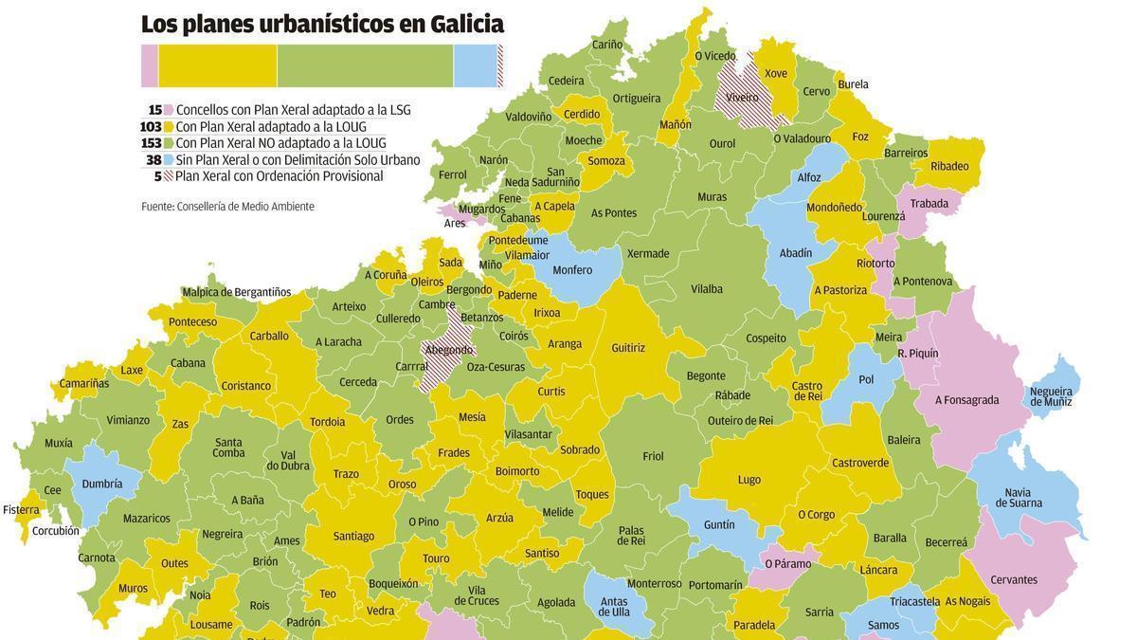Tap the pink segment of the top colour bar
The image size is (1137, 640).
150,66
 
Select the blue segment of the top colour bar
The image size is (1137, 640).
475,66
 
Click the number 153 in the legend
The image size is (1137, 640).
151,143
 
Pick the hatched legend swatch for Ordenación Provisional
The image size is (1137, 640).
168,176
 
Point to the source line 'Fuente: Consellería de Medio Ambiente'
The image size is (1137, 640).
227,207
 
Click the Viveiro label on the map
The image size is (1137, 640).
742,97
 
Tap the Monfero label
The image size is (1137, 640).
572,270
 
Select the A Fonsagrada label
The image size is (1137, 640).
966,400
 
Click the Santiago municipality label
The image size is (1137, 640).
353,537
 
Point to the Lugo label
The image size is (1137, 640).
749,480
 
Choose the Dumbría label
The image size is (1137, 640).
102,484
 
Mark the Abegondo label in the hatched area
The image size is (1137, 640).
448,350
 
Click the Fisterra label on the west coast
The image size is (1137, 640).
21,510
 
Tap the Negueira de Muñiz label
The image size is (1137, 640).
1051,396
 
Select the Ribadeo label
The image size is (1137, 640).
949,167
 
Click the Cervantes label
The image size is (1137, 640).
1014,580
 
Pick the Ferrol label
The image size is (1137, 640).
452,175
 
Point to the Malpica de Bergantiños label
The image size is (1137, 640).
237,292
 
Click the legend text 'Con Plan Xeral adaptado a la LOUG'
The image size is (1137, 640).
271,127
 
